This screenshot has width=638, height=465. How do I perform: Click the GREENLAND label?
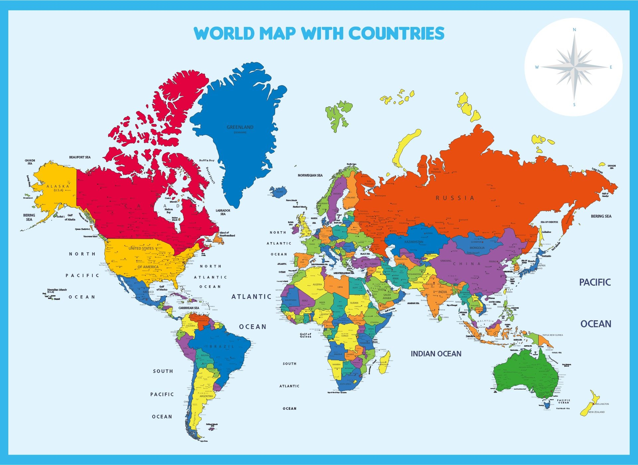tap(240, 127)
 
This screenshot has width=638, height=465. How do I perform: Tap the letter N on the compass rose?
tap(574, 30)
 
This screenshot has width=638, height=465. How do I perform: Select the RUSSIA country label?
tap(455, 198)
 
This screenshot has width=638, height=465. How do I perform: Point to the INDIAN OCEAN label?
tap(436, 354)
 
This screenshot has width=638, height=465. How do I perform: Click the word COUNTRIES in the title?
tap(396, 33)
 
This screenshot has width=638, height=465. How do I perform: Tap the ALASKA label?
tap(58, 186)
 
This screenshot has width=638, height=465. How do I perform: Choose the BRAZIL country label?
tap(222, 347)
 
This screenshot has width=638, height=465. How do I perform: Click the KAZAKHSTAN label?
tap(414, 242)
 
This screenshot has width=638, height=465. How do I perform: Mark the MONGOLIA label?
tap(477, 248)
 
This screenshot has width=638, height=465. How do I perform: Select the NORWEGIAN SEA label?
tap(310, 175)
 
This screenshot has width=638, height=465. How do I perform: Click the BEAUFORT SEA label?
tap(80, 157)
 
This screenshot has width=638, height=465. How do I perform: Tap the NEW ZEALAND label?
tap(596, 412)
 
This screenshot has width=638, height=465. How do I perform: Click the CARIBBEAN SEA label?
tap(189, 308)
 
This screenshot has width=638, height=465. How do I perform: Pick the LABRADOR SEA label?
tap(223, 212)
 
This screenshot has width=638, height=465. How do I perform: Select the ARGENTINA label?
tap(206, 396)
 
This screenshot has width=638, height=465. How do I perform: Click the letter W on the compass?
tap(537, 67)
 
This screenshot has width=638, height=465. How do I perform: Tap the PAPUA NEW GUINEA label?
tap(553, 335)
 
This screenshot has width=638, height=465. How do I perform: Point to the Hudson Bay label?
tap(168, 211)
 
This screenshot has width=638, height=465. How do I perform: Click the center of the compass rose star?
tap(574, 67)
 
